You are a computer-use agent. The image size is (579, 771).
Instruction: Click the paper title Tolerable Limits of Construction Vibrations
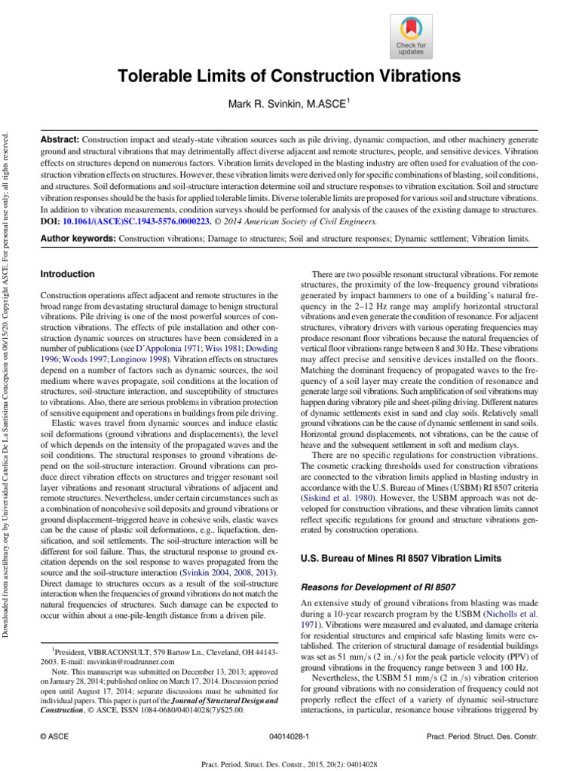pyautogui.click(x=288, y=77)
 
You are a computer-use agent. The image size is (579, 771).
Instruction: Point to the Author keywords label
pyautogui.click(x=77, y=238)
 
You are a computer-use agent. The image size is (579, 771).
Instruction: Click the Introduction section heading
pyautogui.click(x=68, y=274)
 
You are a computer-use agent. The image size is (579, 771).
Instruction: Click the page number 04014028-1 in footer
pyautogui.click(x=289, y=734)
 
